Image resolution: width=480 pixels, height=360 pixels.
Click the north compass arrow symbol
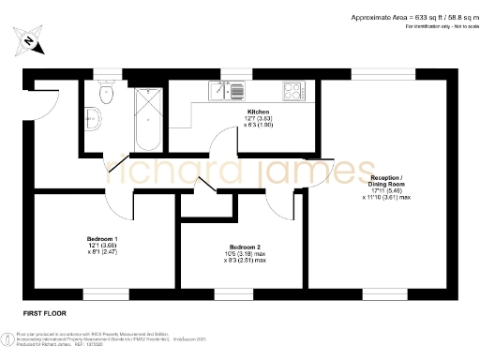[x=30, y=40]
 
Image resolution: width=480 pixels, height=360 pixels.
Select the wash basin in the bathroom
[x=92, y=116]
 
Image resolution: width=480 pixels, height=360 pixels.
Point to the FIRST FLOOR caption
[x=42, y=309]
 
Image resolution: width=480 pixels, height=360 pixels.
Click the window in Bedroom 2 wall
[x=234, y=292]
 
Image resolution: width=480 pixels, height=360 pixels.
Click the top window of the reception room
[x=383, y=72]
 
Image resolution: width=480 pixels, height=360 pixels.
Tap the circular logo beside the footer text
[x=8, y=337]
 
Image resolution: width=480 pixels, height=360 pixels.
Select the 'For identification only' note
[x=437, y=27]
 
